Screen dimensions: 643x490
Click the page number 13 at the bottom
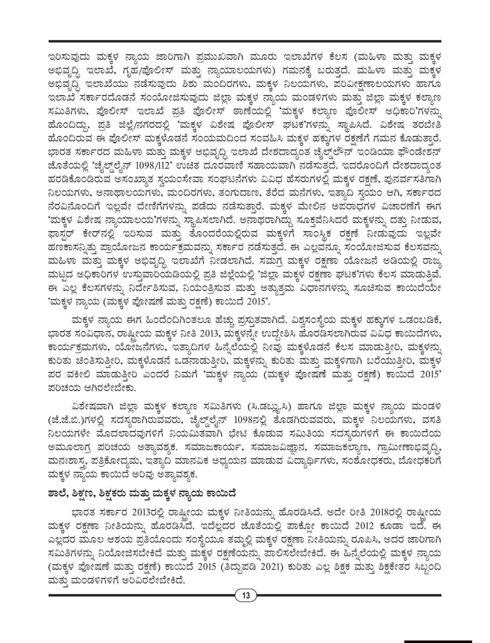[246, 596]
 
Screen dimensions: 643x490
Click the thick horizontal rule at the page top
[245, 41]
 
